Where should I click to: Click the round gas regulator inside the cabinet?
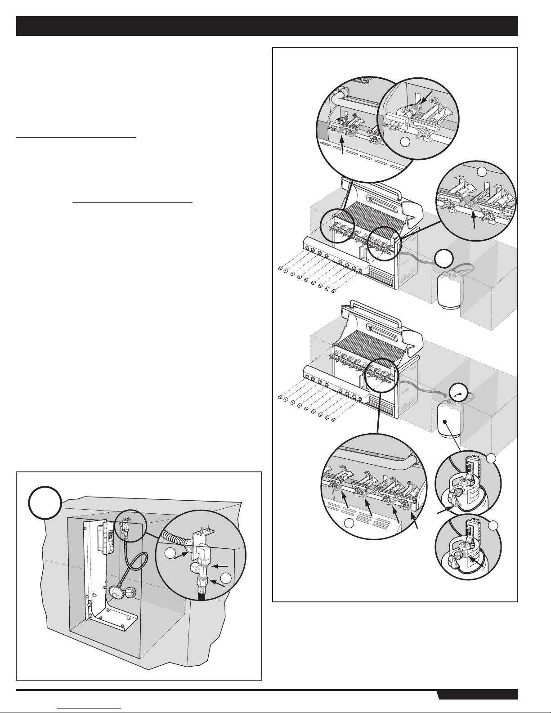tap(116, 579)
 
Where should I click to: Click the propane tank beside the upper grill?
tap(448, 291)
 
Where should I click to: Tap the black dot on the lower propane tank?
tap(444, 422)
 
